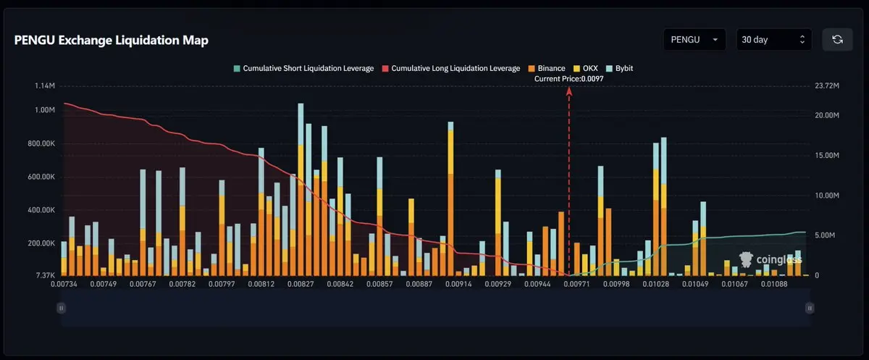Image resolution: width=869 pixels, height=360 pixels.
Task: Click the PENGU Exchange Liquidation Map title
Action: coord(112,41)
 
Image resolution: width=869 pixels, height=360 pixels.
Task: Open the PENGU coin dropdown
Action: coord(694,40)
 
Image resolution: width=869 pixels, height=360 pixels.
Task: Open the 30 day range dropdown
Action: coord(773,40)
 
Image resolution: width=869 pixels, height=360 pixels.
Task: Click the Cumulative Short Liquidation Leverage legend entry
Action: coord(303,68)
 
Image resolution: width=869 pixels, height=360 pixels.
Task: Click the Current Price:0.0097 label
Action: coord(568,78)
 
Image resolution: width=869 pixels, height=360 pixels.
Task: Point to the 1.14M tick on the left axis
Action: coord(45,86)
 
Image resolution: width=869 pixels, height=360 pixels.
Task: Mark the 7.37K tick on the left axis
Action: coord(45,276)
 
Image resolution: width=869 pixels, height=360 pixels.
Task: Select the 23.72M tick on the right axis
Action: coord(826,86)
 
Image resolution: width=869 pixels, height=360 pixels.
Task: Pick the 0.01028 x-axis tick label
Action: coord(656,285)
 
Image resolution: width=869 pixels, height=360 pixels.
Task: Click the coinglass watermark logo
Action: coord(770,259)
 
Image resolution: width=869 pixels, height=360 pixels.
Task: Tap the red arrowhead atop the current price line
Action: coord(569,91)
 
